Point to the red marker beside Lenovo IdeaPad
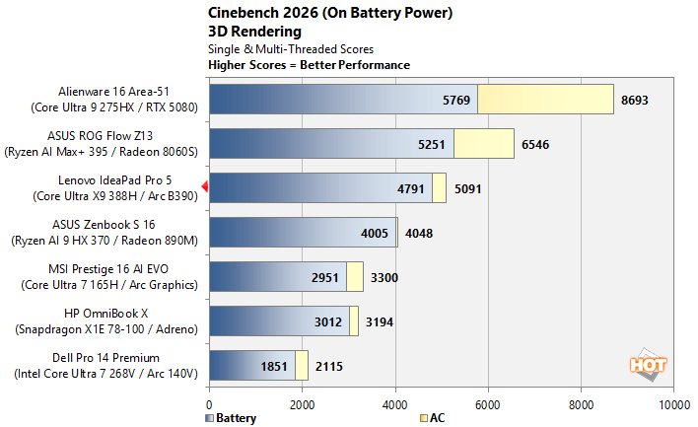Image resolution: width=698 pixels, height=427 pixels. [x=204, y=186]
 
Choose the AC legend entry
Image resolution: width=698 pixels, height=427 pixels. [x=432, y=417]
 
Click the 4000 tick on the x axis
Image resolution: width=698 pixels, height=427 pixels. [x=395, y=403]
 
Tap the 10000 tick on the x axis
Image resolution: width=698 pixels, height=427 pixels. [x=674, y=403]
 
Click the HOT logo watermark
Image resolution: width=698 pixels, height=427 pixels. [x=649, y=364]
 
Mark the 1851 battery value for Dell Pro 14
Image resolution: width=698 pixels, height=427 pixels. [x=275, y=366]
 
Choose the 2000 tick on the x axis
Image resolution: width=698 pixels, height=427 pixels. [x=303, y=403]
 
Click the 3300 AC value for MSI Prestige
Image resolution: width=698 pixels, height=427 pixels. [x=384, y=278]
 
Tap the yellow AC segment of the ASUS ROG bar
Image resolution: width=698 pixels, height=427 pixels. [x=484, y=144]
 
